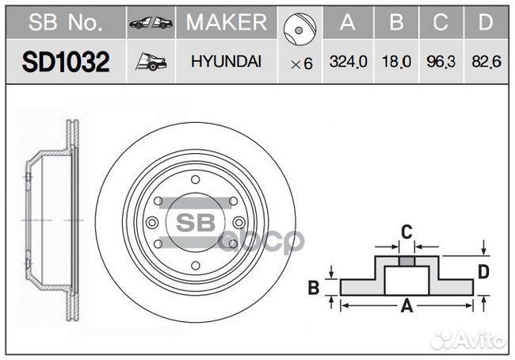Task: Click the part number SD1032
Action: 66,62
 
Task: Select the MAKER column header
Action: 227,22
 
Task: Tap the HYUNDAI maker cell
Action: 227,62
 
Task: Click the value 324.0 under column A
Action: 348,62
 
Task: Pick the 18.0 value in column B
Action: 396,62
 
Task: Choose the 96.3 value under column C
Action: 441,62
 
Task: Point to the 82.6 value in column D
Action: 486,62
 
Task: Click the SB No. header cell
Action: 65,22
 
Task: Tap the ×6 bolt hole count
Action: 302,63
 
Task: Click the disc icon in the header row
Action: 299,29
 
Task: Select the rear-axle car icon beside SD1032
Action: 151,62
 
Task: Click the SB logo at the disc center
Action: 196,223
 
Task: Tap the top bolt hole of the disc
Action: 196,179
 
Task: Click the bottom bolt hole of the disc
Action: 196,266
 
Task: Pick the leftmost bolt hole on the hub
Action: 152,223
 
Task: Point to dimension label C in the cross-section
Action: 406,232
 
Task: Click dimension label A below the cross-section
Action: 407,306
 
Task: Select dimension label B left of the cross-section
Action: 314,287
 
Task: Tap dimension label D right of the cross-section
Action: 483,272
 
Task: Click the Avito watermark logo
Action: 467,339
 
